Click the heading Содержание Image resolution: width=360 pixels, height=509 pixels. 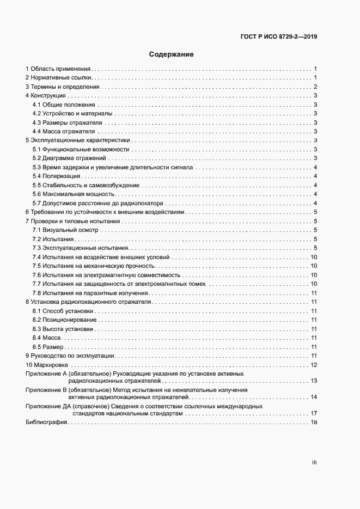(171, 54)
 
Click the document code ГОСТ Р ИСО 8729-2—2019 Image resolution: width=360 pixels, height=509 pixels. (279, 37)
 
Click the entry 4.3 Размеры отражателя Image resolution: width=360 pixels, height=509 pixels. (64, 122)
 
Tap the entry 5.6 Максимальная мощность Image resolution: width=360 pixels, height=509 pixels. (74, 194)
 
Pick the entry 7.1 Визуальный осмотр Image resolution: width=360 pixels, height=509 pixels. (65, 230)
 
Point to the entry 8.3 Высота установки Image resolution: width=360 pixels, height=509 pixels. (63, 329)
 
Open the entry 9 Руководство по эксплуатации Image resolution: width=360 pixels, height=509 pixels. (70, 355)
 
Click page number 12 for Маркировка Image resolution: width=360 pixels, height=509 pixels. (314, 365)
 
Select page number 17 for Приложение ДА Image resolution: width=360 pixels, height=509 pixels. (314, 414)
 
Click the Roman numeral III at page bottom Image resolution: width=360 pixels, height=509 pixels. (314, 463)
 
